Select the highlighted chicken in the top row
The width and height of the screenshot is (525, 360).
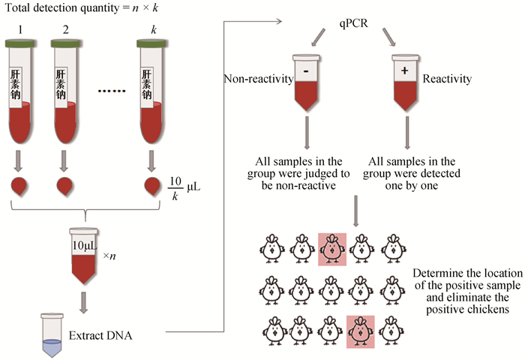[x=331, y=248]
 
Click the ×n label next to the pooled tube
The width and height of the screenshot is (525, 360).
[x=109, y=256]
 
